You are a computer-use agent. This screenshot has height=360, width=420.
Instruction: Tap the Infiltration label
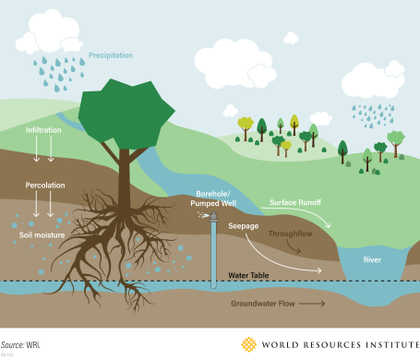[x=43, y=131]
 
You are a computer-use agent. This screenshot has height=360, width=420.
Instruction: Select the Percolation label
[x=45, y=186]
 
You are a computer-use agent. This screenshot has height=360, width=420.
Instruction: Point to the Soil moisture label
[x=42, y=235]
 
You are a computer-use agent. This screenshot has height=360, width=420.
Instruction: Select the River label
[x=373, y=259]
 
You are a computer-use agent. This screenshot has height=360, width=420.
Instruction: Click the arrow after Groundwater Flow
[x=313, y=302]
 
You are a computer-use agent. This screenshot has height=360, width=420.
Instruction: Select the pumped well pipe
[x=212, y=246]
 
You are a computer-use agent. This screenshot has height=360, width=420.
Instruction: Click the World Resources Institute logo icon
[x=248, y=345]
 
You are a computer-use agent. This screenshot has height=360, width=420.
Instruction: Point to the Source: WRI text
[x=24, y=343]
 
